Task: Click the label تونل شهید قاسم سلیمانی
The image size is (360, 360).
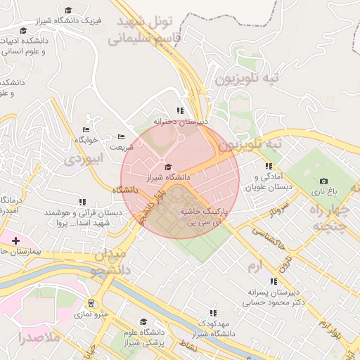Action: pyautogui.click(x=145, y=29)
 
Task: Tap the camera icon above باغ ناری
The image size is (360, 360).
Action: pyautogui.click(x=323, y=181)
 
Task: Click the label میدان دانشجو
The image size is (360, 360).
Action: pyautogui.click(x=109, y=262)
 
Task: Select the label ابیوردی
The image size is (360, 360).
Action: pyautogui.click(x=84, y=159)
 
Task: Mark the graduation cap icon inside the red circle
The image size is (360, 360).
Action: pyautogui.click(x=167, y=167)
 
